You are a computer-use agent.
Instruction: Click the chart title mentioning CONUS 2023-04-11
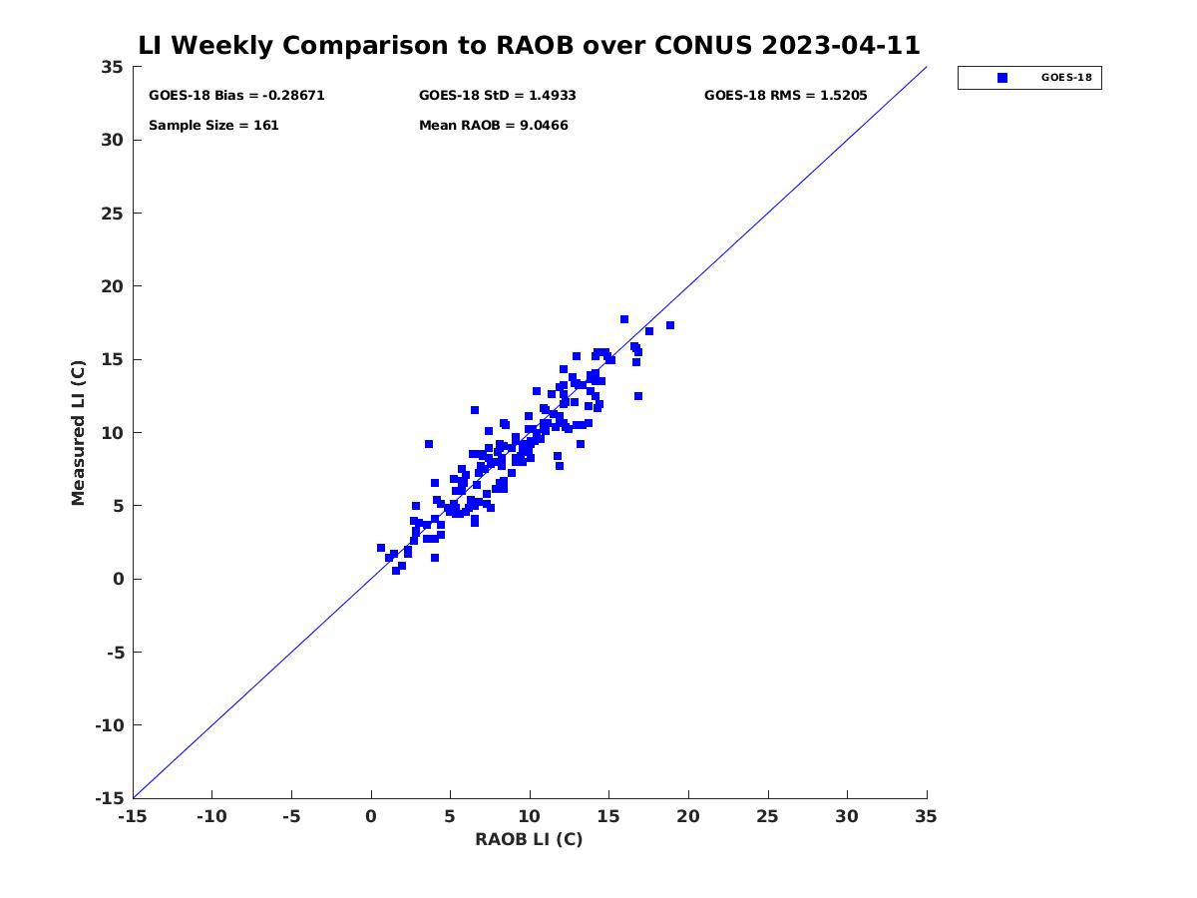pyautogui.click(x=529, y=45)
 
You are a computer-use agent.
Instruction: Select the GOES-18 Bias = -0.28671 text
pyautogui.click(x=236, y=96)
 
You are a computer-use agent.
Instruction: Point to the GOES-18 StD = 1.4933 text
pyautogui.click(x=497, y=96)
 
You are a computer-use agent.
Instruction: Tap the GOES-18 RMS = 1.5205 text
pyautogui.click(x=785, y=96)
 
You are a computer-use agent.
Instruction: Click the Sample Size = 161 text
pyautogui.click(x=213, y=126)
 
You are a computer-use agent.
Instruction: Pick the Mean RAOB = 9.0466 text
pyautogui.click(x=493, y=126)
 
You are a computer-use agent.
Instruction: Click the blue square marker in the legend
pyautogui.click(x=1002, y=78)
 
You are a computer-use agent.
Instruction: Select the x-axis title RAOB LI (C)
pyautogui.click(x=529, y=839)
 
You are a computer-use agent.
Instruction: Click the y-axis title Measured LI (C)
pyautogui.click(x=79, y=433)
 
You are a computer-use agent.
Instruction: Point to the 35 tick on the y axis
pyautogui.click(x=113, y=67)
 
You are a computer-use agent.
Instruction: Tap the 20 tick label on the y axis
pyautogui.click(x=113, y=286)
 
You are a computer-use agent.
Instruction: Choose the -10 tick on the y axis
pyautogui.click(x=109, y=725)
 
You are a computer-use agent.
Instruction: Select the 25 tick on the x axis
pyautogui.click(x=768, y=817)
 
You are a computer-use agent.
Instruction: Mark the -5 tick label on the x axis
pyautogui.click(x=291, y=817)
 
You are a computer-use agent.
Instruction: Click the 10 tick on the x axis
pyautogui.click(x=530, y=817)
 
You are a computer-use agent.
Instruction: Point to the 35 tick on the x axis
pyautogui.click(x=927, y=817)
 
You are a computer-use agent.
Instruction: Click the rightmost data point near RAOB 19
pyautogui.click(x=670, y=325)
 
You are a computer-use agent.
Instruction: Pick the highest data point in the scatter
pyautogui.click(x=624, y=319)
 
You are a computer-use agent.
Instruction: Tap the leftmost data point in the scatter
pyautogui.click(x=381, y=548)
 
